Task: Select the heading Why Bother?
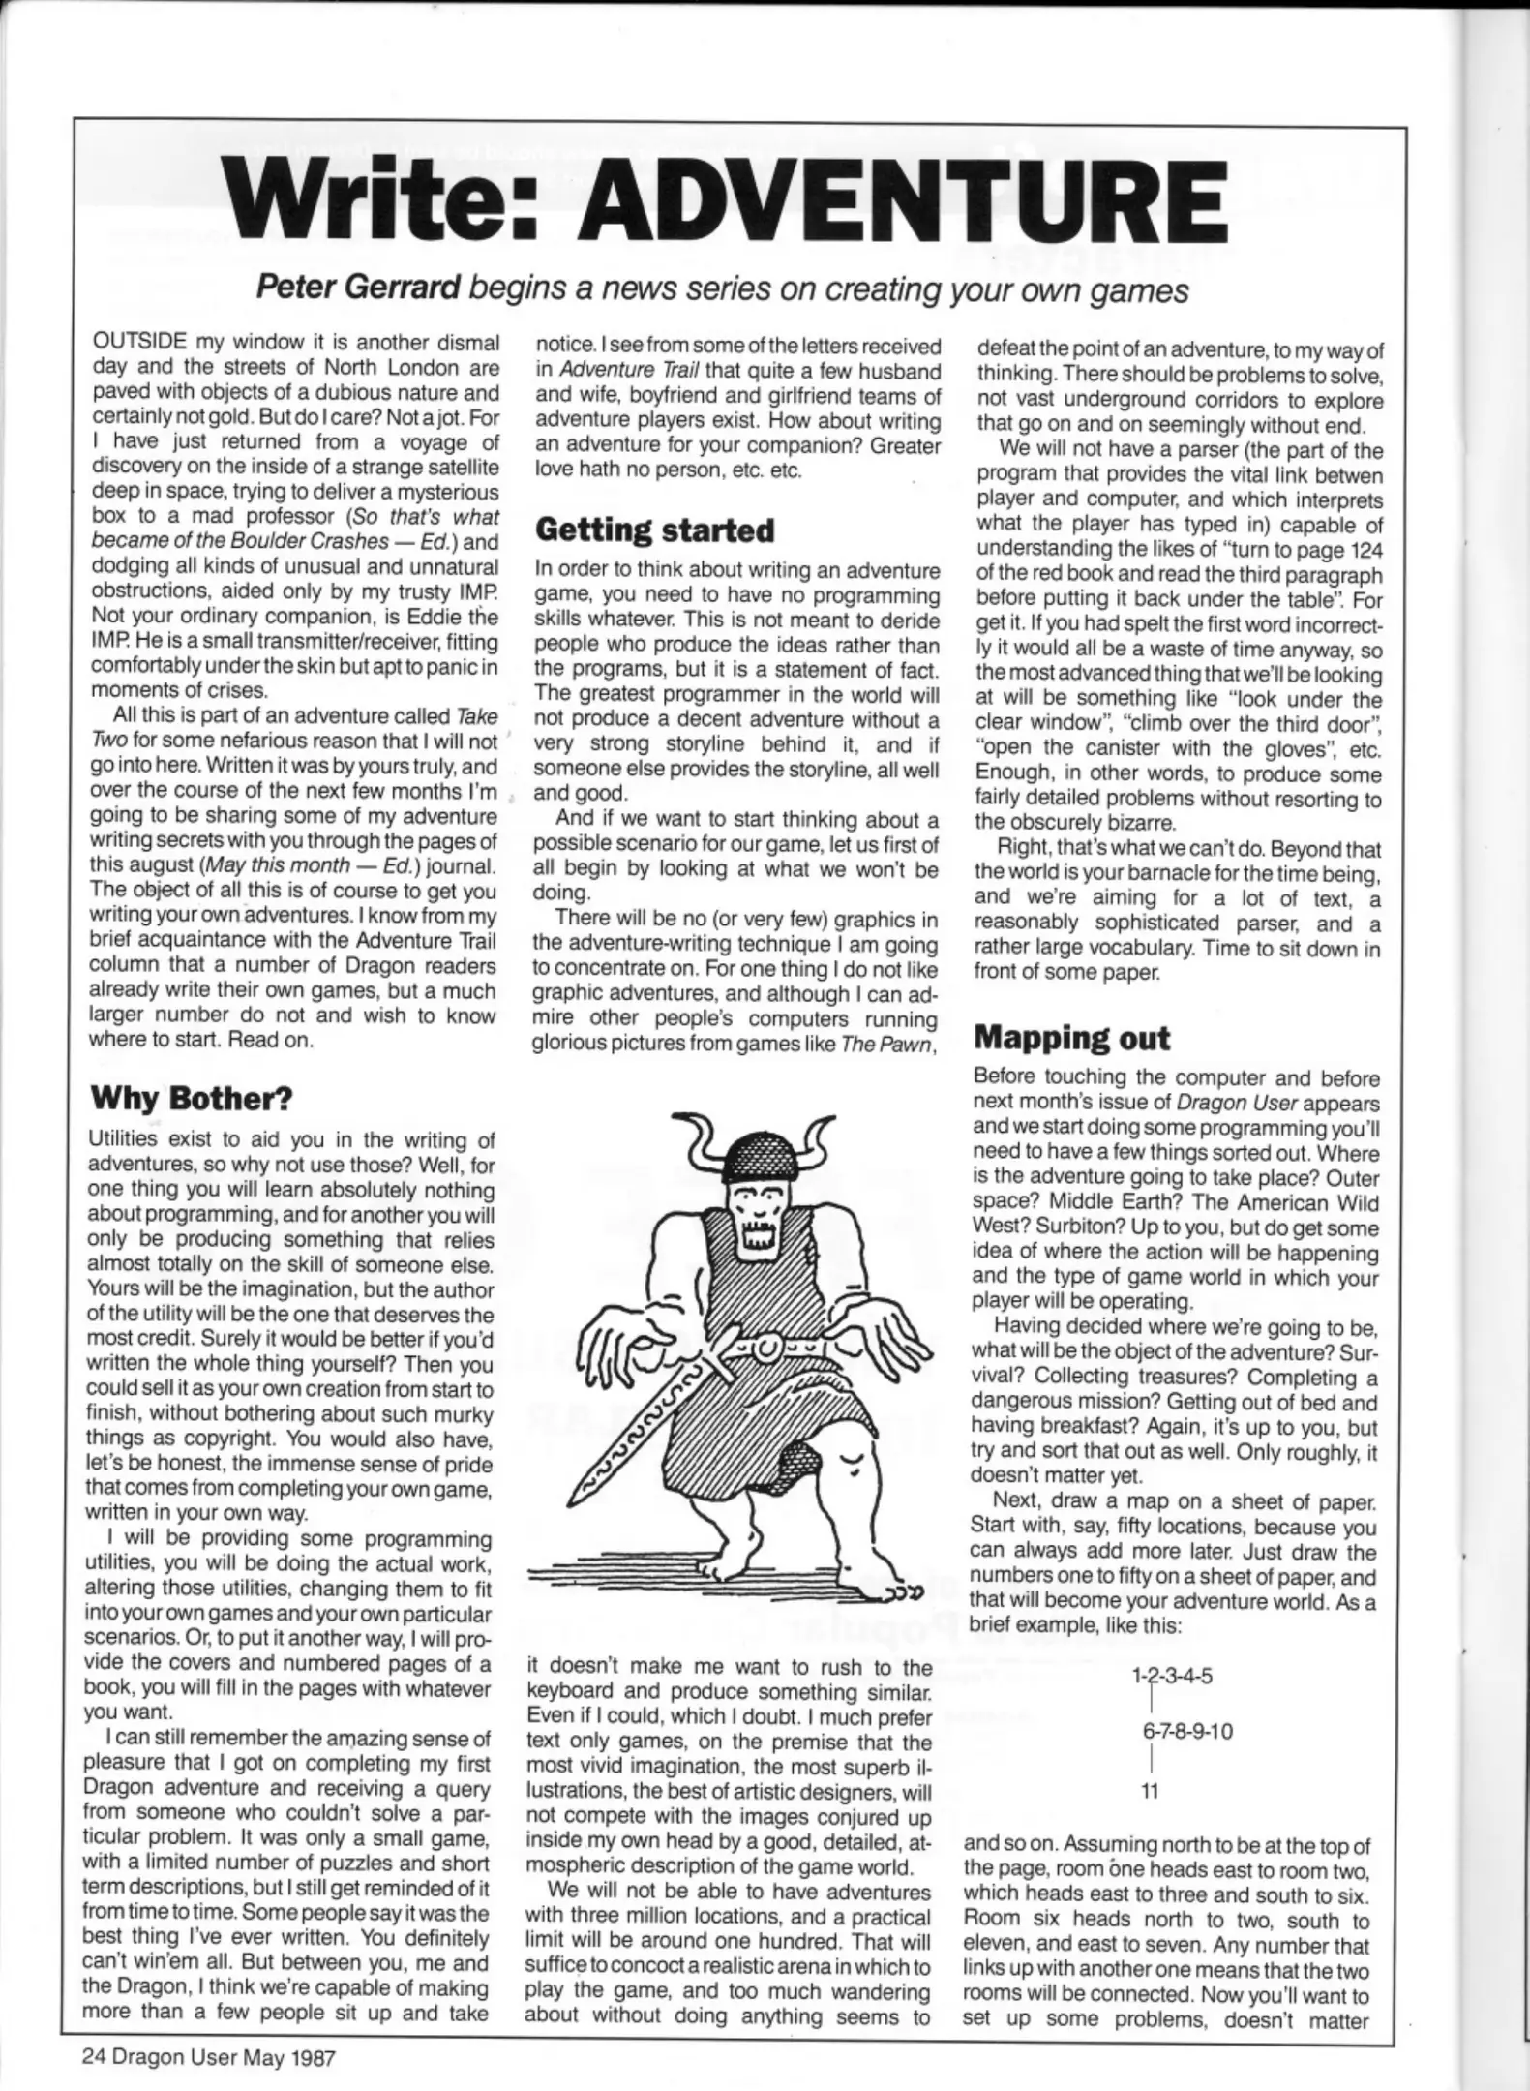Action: [191, 1099]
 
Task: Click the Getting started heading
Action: [655, 530]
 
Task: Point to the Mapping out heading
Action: [1071, 1038]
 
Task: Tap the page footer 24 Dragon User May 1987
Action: [208, 2057]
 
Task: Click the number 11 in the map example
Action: [1149, 1792]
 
